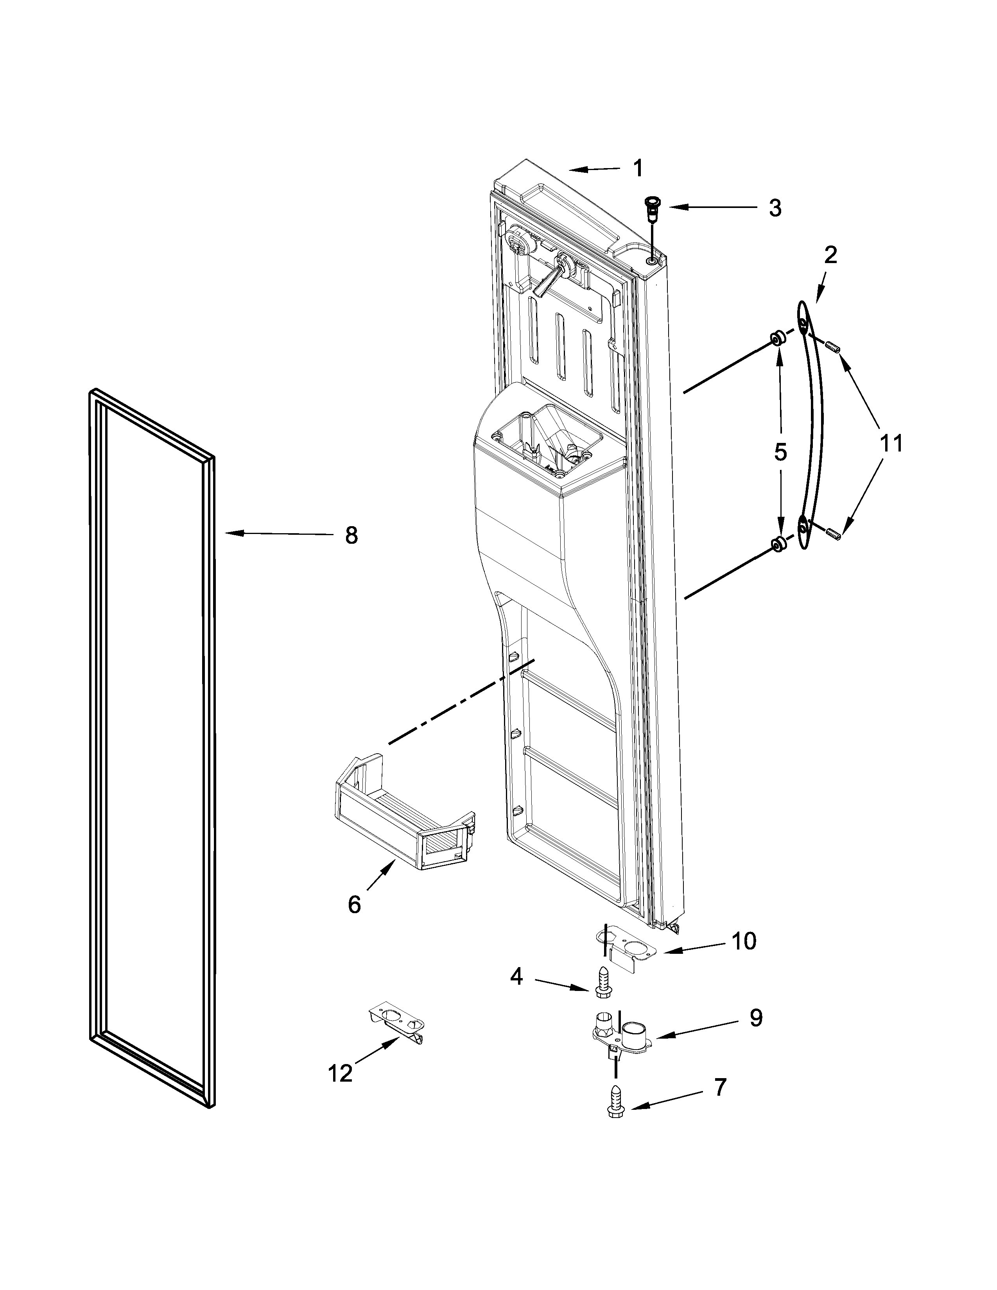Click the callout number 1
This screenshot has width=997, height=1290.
point(638,169)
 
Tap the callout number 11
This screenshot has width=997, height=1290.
point(891,443)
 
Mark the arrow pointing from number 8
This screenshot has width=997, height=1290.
point(278,534)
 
